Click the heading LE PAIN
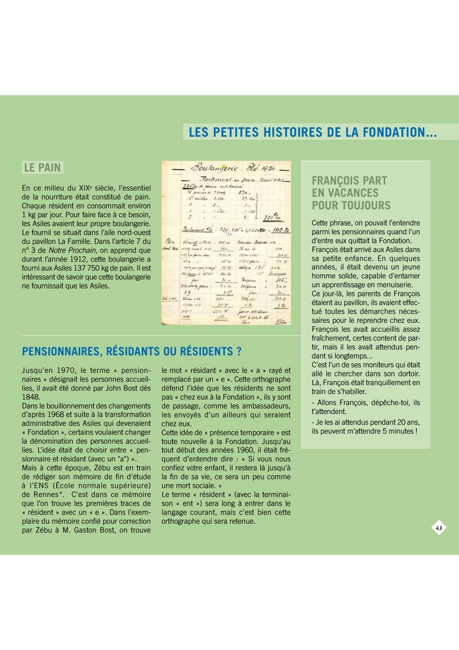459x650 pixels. (x=42, y=167)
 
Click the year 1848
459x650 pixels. (x=32, y=396)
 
